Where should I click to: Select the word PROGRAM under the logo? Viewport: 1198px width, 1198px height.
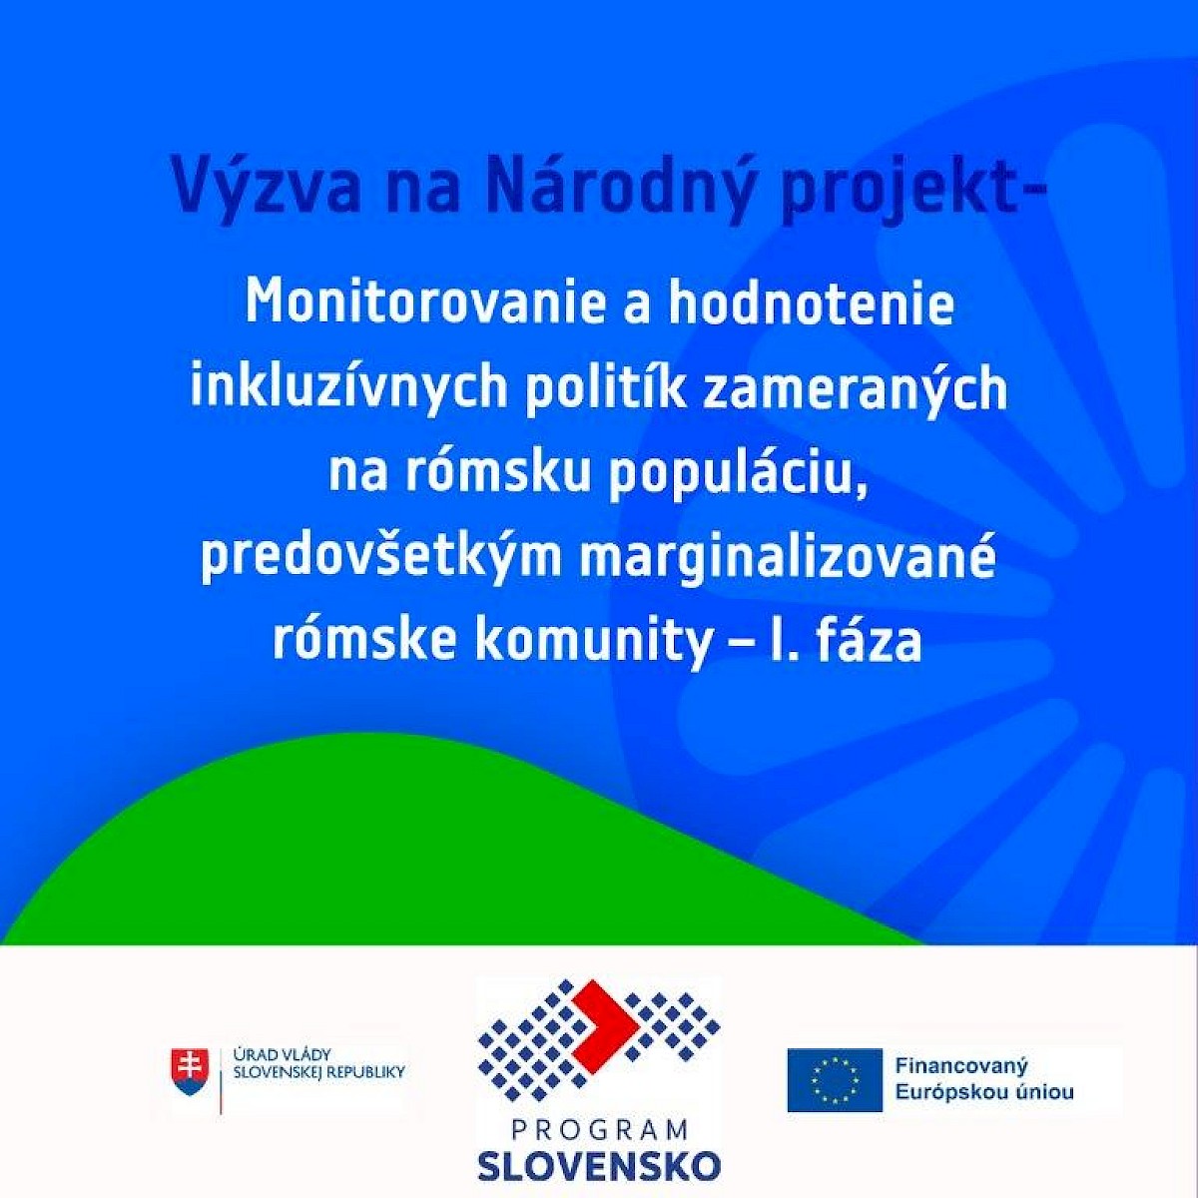[600, 1129]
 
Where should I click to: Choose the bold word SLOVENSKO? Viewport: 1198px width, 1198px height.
[600, 1164]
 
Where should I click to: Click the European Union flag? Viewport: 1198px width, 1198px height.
[835, 1080]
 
